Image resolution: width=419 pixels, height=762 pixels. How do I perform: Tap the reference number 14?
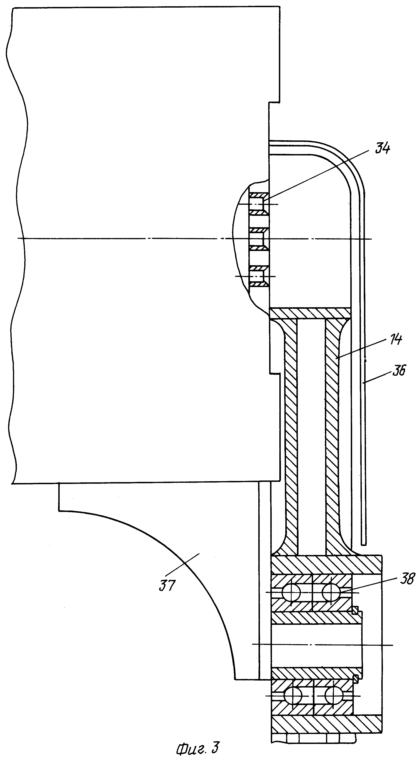(x=396, y=339)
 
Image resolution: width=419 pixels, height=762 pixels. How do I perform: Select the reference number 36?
(x=399, y=370)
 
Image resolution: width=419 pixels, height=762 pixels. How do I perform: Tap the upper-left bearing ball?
(x=291, y=592)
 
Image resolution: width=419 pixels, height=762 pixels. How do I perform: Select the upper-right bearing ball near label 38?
(x=331, y=592)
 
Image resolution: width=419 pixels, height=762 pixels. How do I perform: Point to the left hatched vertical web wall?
(x=291, y=435)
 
